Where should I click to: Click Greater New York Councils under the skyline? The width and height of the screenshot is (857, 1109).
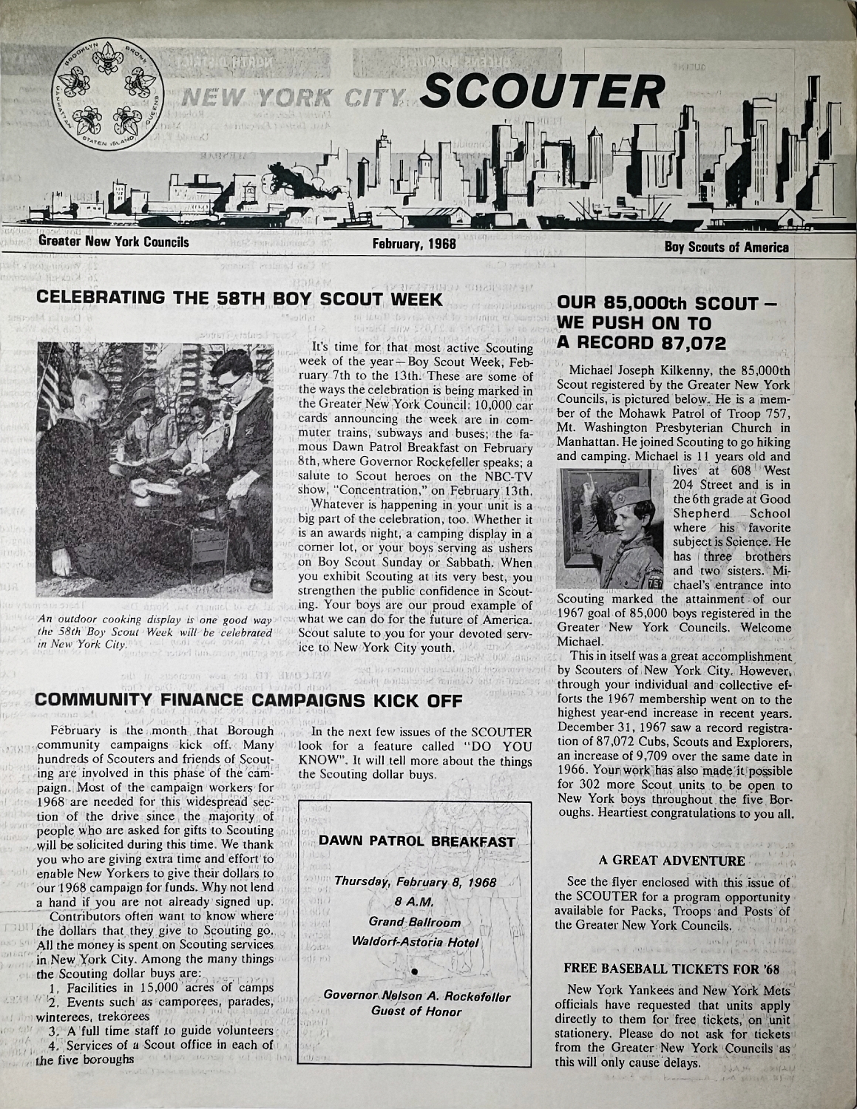[x=115, y=243]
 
